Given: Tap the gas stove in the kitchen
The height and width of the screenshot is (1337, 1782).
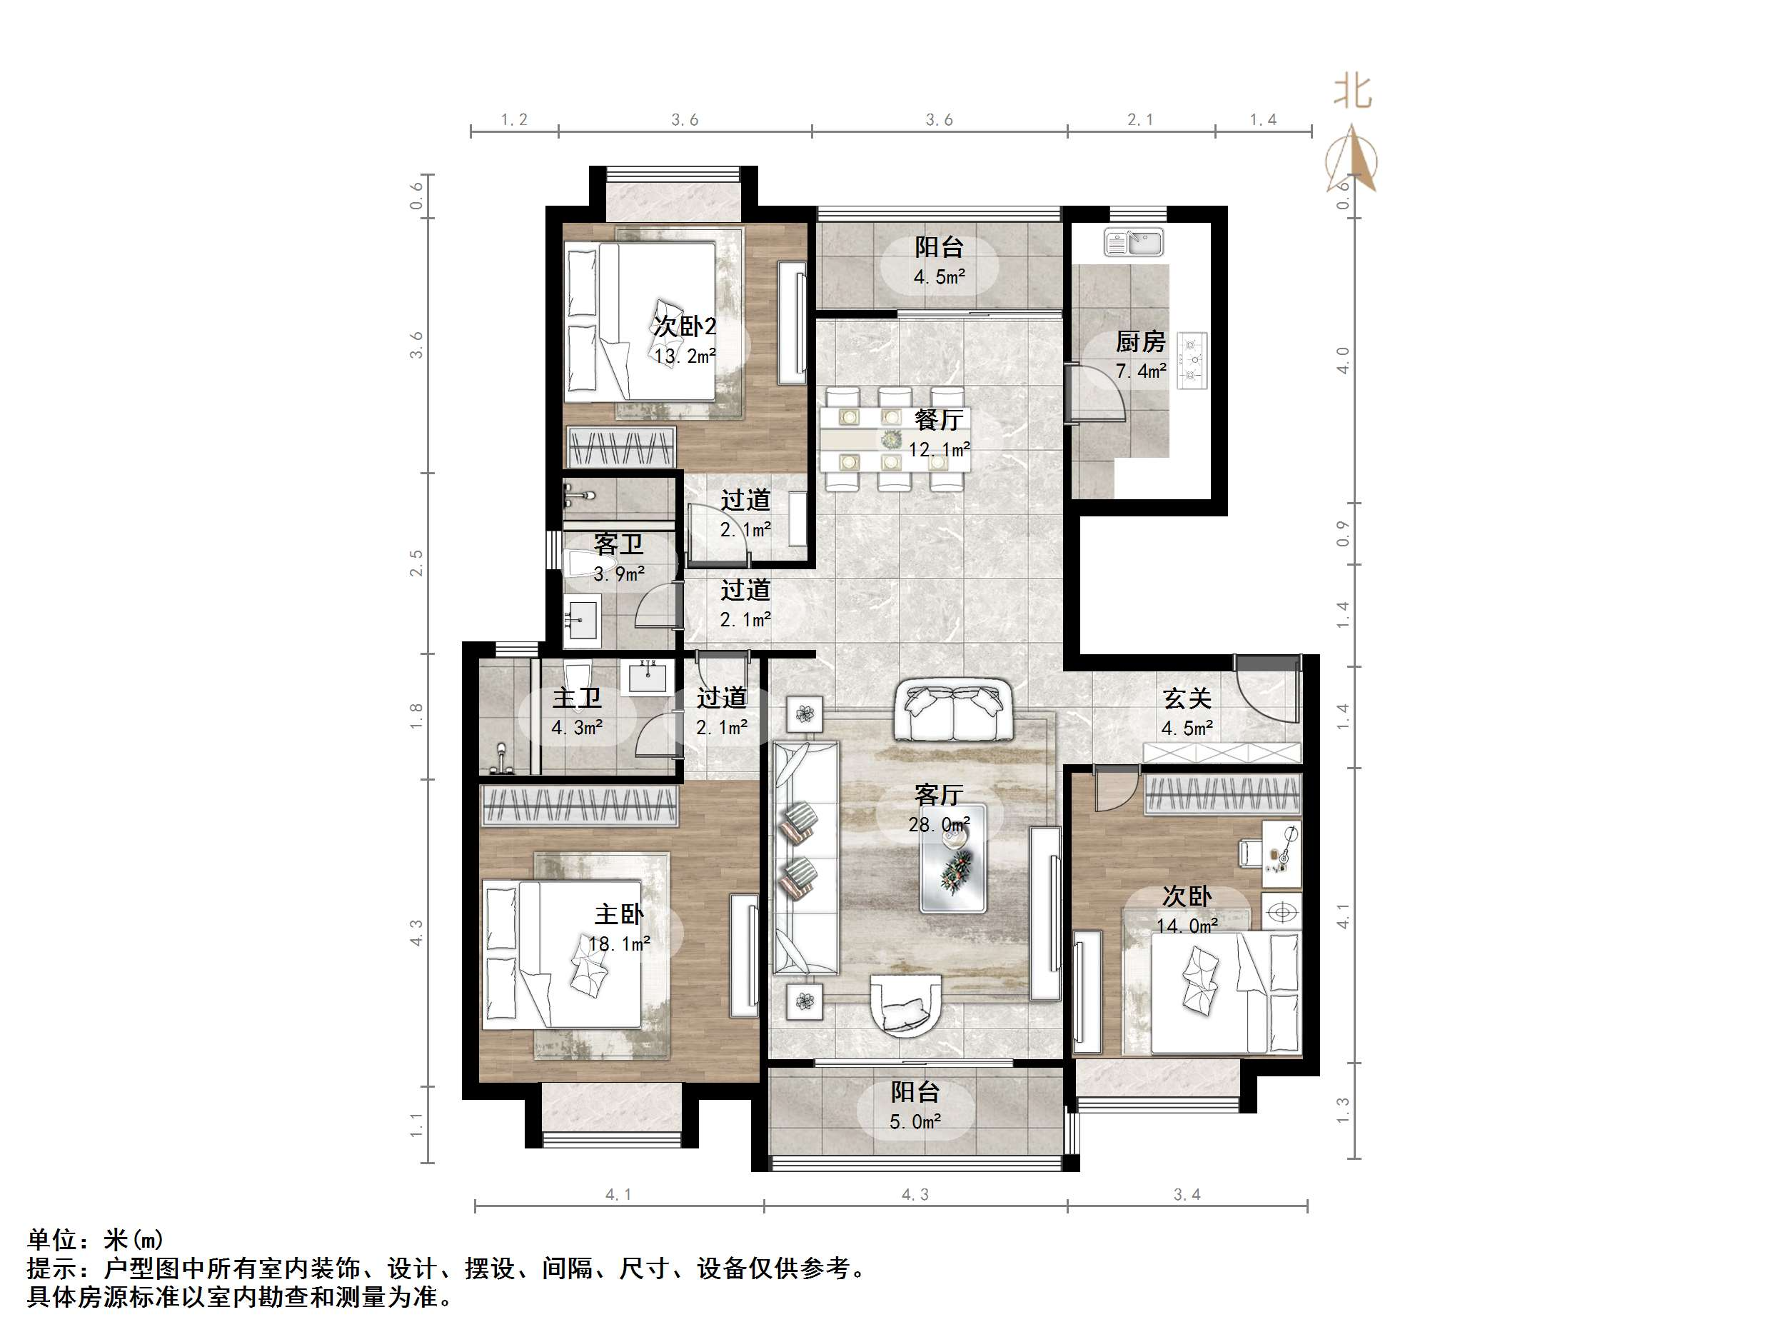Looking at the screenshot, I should point(1192,360).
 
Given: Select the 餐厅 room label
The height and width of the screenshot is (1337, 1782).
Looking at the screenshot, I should point(939,421).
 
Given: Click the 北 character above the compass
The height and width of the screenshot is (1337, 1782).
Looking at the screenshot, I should point(1354,92).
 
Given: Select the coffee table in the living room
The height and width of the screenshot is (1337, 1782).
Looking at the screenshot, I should point(954,859).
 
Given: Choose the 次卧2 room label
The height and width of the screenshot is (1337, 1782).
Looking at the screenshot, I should point(685,327).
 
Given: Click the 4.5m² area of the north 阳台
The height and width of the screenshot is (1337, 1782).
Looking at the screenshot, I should point(939,277).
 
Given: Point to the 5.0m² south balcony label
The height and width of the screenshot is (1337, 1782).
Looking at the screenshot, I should point(915,1122).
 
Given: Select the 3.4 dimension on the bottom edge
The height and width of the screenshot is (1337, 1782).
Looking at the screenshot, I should point(1187,1194).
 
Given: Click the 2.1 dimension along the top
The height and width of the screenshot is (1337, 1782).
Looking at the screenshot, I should point(1140,120).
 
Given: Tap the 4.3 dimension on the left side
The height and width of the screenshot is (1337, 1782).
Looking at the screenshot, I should point(416,933).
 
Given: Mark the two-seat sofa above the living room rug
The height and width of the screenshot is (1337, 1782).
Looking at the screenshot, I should point(954,710).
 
